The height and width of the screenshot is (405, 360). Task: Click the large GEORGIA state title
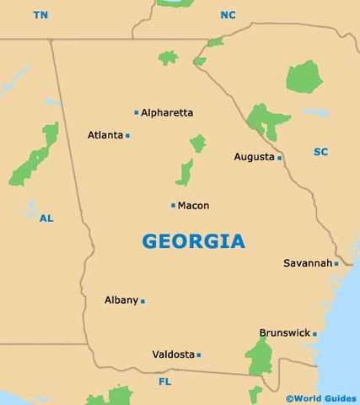194,241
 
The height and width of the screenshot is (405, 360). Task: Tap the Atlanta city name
105,135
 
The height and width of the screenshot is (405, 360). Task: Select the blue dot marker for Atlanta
127,135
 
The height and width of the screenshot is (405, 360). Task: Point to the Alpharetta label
167,112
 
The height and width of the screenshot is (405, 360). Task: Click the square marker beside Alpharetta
136,112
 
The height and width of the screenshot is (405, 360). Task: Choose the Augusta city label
254,157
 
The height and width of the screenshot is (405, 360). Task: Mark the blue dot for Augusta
279,158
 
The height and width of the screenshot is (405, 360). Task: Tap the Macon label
193,205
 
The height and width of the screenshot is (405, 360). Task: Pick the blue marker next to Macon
173,205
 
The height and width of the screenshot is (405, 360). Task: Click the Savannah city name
307,263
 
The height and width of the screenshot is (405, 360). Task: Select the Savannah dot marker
336,263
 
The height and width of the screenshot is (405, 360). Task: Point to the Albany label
121,300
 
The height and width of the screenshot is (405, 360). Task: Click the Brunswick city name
284,333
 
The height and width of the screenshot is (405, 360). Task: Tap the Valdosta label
173,354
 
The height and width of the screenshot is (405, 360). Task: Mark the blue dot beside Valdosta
199,354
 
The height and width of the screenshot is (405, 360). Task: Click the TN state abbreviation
41,15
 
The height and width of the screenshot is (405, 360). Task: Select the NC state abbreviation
228,15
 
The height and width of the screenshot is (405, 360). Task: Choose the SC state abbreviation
320,152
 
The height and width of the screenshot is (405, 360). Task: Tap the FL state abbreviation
164,382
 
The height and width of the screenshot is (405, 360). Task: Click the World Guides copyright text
322,397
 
